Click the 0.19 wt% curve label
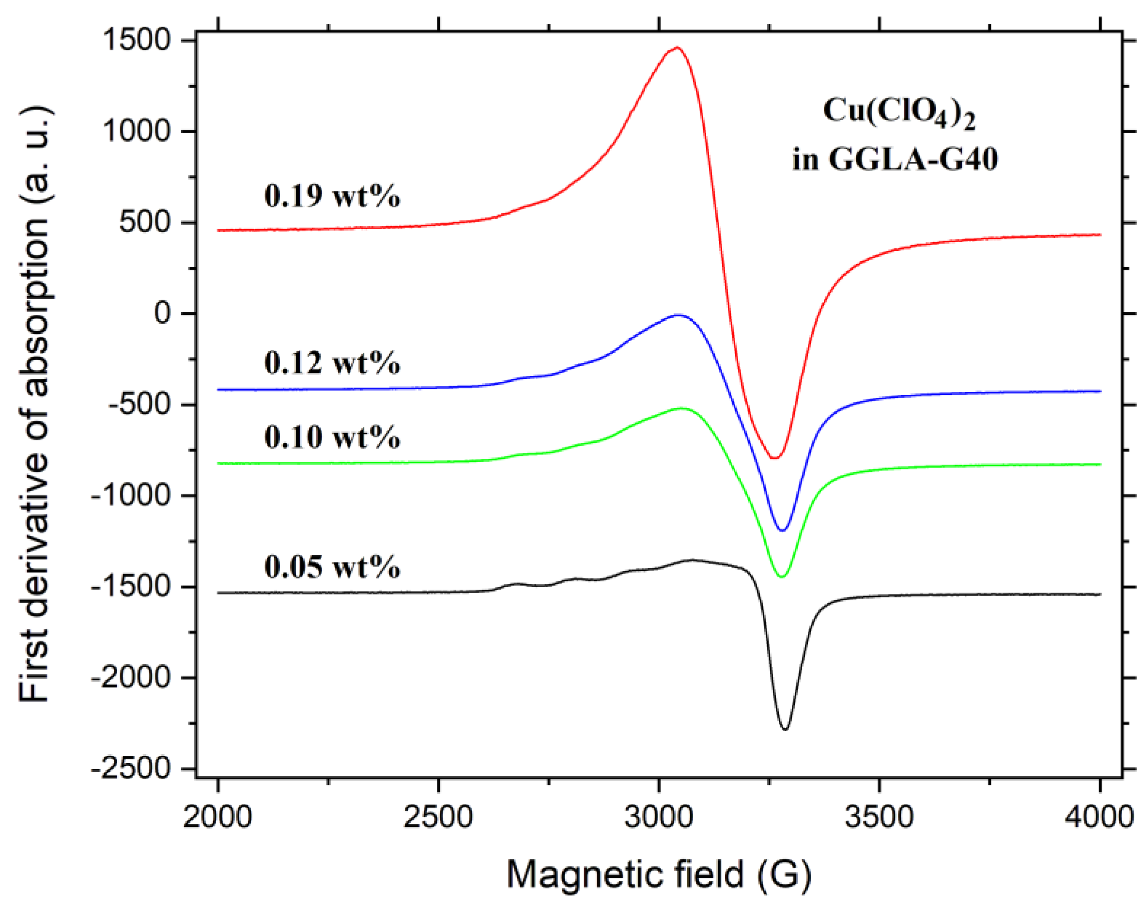[x=332, y=196]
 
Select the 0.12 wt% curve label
[x=332, y=363]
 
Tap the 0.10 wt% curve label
[x=332, y=437]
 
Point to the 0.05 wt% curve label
[x=332, y=566]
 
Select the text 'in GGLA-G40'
[x=895, y=158]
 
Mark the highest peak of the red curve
[x=677, y=48]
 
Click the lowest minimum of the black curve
[x=785, y=729]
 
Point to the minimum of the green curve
[x=783, y=577]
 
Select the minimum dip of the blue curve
[x=783, y=530]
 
